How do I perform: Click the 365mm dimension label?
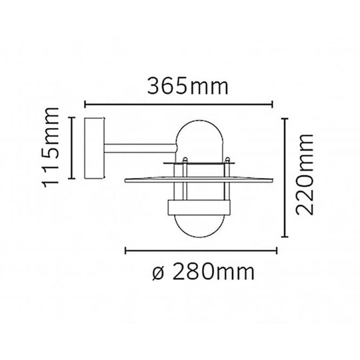coord(188,86)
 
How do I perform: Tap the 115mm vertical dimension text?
coord(51,147)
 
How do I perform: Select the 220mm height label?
coord(305,175)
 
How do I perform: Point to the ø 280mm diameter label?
coord(203,272)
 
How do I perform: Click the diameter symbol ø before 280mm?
coord(158,274)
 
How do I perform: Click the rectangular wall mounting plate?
coord(94,148)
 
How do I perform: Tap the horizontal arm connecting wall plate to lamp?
coord(141,148)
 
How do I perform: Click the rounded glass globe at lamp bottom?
coord(199,226)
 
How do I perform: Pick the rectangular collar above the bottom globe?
coord(199,207)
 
